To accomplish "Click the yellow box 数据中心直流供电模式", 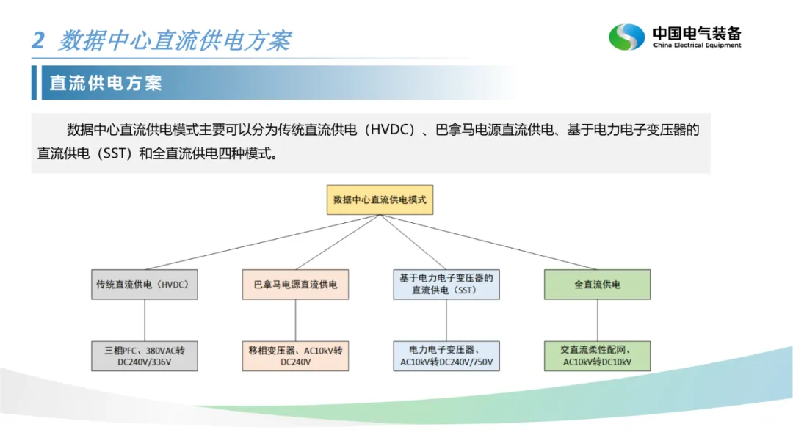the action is pyautogui.click(x=380, y=200).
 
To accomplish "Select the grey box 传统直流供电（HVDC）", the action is pyautogui.click(x=145, y=285).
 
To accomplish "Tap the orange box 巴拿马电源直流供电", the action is pyautogui.click(x=296, y=285).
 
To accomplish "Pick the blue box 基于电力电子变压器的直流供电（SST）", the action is pyautogui.click(x=446, y=285).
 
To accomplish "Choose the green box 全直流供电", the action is pyautogui.click(x=597, y=285).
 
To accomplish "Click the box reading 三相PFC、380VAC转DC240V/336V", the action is pyautogui.click(x=145, y=356).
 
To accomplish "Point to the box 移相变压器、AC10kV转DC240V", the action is pyautogui.click(x=296, y=356).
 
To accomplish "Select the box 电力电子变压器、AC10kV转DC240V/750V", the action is pyautogui.click(x=446, y=356).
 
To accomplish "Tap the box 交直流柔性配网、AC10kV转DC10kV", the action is pyautogui.click(x=597, y=356).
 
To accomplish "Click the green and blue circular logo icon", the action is pyautogui.click(x=626, y=37).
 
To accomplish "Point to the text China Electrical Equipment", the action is pyautogui.click(x=697, y=45).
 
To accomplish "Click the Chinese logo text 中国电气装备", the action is pyautogui.click(x=697, y=33).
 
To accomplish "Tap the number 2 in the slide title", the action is pyautogui.click(x=38, y=40).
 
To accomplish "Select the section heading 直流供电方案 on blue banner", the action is pyautogui.click(x=106, y=83).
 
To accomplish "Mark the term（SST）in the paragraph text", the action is pyautogui.click(x=109, y=155).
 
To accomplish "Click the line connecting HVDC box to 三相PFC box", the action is pyautogui.click(x=145, y=320).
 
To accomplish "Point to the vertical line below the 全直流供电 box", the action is pyautogui.click(x=597, y=320).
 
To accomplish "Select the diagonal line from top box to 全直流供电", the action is pyautogui.click(x=488, y=242).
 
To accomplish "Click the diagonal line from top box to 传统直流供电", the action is pyautogui.click(x=262, y=243).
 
